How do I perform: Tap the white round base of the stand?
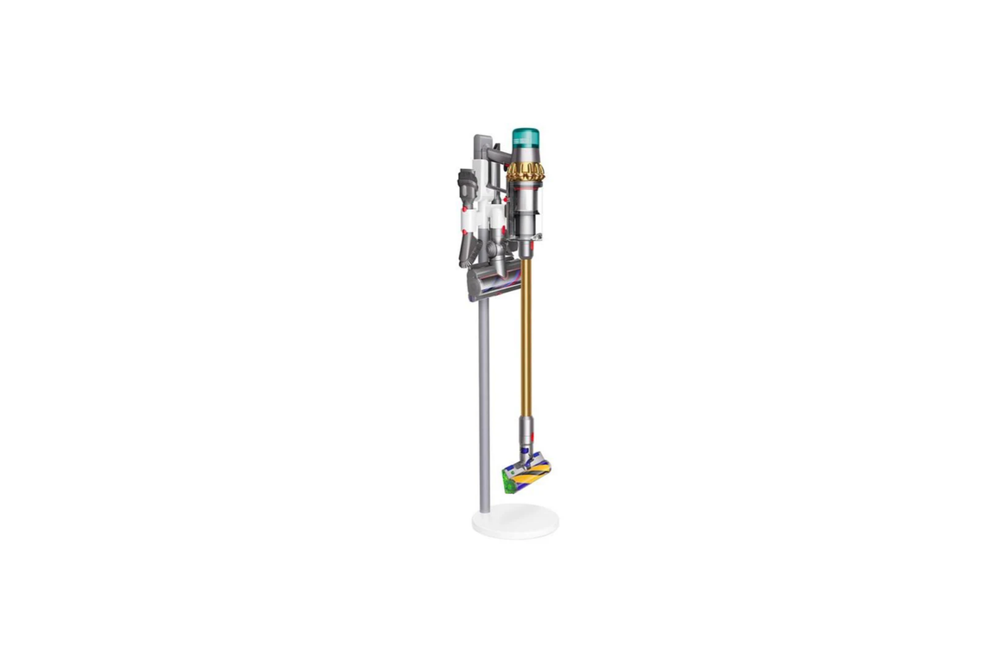(515, 523)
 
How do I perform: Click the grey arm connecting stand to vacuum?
(498, 155)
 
